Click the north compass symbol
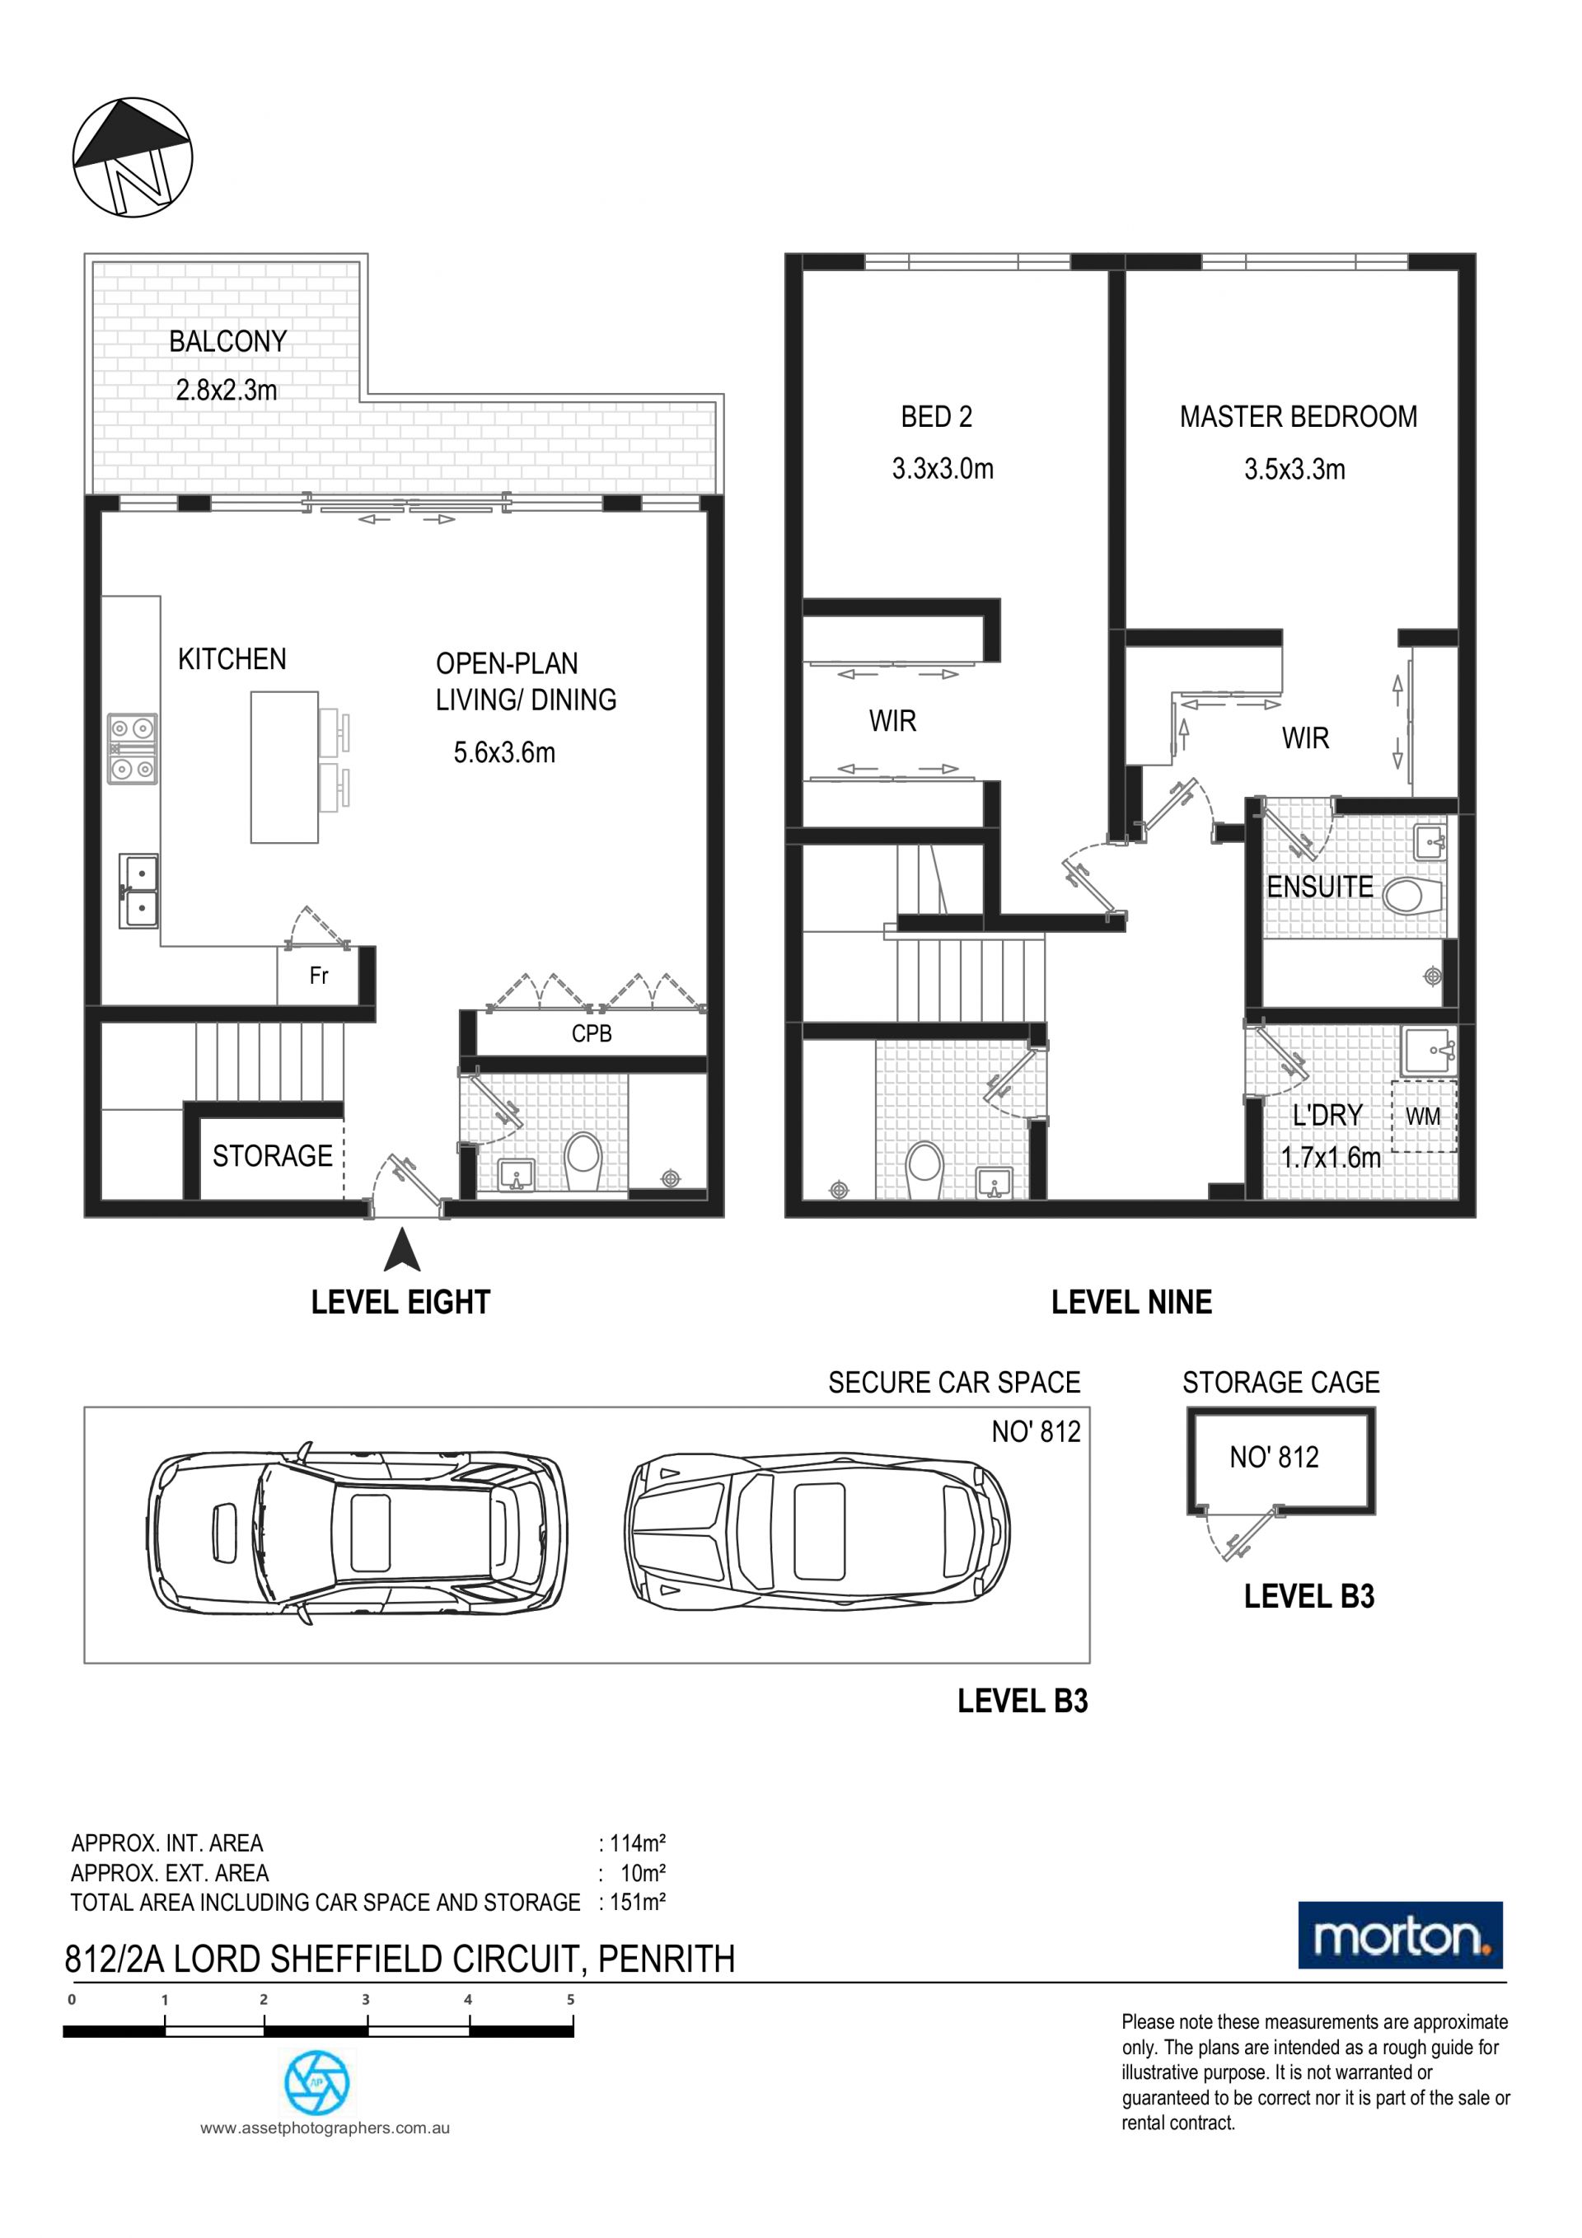coord(133,157)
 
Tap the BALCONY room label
coord(228,341)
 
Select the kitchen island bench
coord(284,767)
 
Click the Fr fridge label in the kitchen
coord(319,976)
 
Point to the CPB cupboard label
coord(592,1034)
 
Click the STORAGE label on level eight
coord(273,1156)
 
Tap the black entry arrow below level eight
coord(401,1252)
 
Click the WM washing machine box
coord(1423,1117)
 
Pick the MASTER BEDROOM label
coord(1299,417)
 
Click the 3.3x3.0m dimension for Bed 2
coord(943,470)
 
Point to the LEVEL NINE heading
coord(1131,1302)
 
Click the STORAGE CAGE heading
coord(1280,1382)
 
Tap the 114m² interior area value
coord(638,1843)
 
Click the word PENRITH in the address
coord(667,1959)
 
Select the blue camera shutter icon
coord(316,2082)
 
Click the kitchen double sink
coord(138,891)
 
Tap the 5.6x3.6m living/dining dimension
coord(504,752)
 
